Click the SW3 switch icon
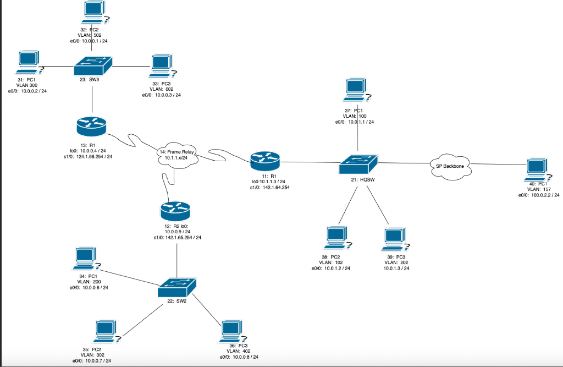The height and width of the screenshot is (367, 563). coord(92,65)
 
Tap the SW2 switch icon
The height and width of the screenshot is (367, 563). coord(176,286)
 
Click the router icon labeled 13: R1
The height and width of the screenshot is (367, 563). coord(92,127)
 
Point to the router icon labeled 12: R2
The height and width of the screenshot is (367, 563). coord(175,211)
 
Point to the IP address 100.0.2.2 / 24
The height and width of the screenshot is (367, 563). coord(543,195)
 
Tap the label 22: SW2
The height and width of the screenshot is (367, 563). coord(176,301)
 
